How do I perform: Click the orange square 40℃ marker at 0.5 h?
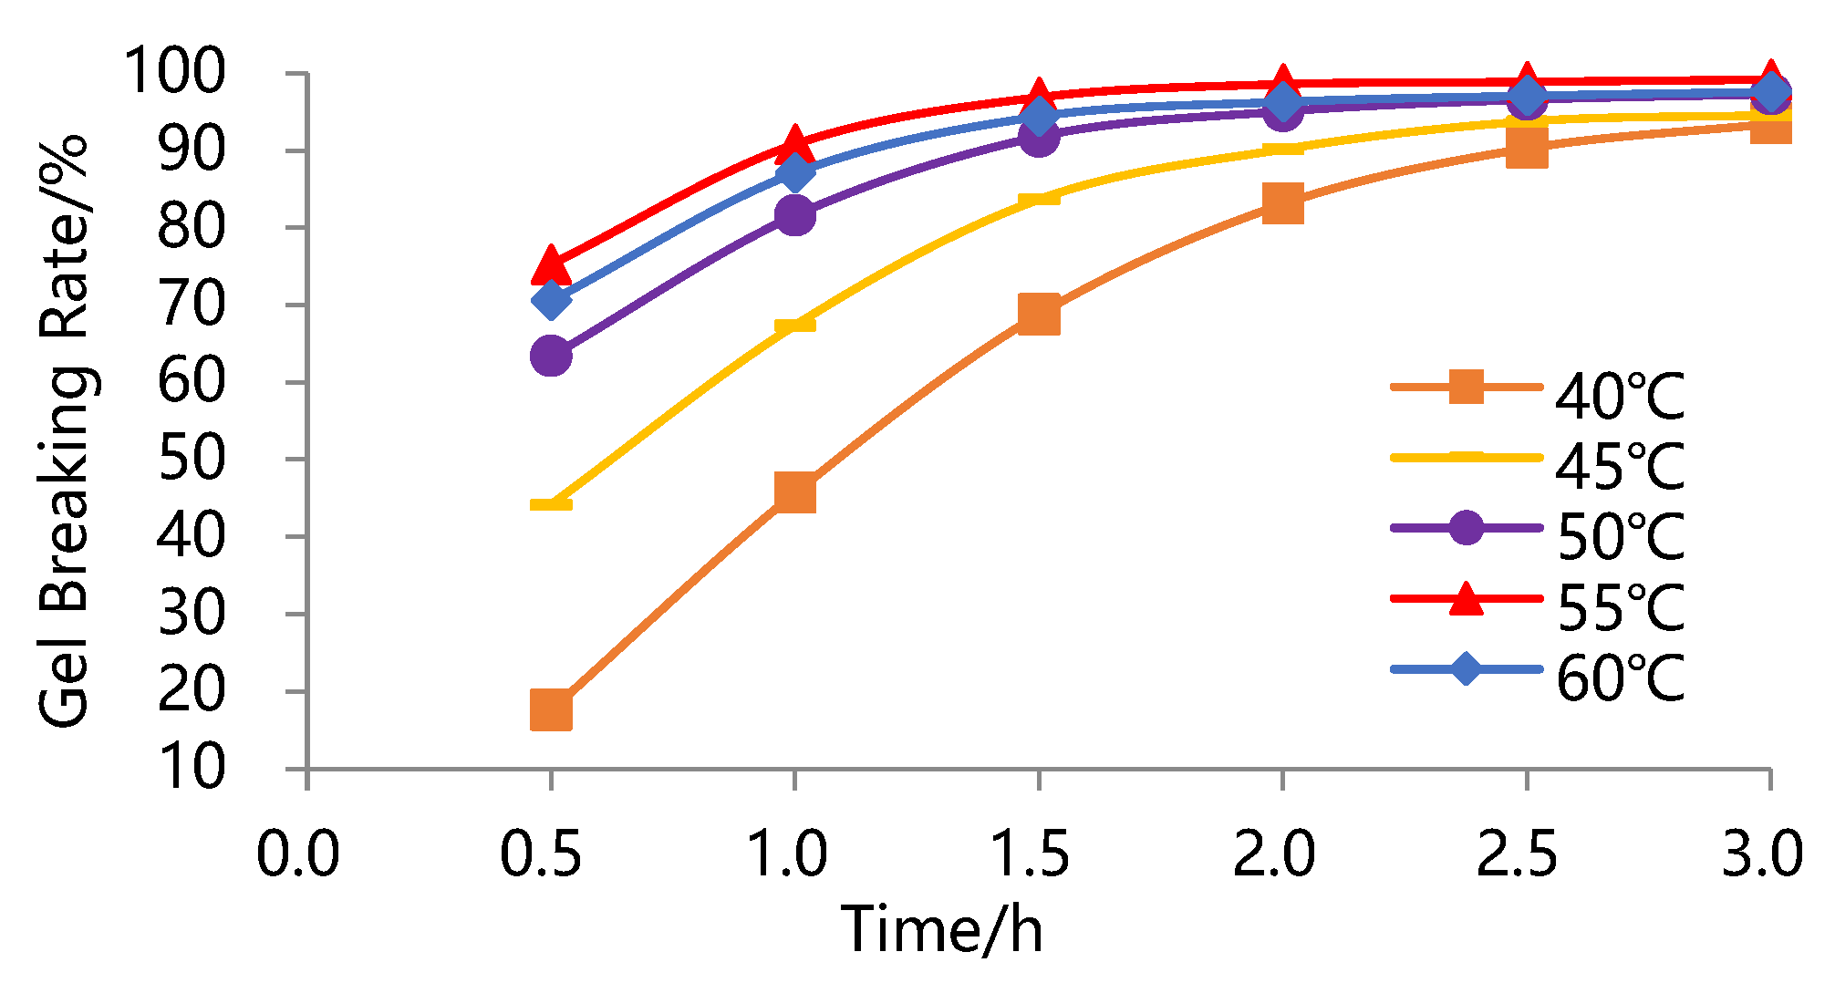pyautogui.click(x=551, y=709)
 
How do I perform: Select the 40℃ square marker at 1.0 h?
pyautogui.click(x=794, y=492)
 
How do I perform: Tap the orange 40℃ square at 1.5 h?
pyautogui.click(x=1038, y=315)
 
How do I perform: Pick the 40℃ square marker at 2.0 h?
pyautogui.click(x=1282, y=202)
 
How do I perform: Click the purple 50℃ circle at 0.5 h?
pyautogui.click(x=551, y=355)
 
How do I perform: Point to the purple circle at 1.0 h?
pyautogui.click(x=794, y=215)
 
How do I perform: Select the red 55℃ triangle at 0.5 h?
pyautogui.click(x=551, y=264)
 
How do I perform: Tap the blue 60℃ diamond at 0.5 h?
pyautogui.click(x=551, y=299)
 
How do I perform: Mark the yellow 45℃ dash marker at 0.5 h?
pyautogui.click(x=551, y=504)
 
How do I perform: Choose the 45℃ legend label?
pyautogui.click(x=1620, y=466)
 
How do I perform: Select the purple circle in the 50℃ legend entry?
pyautogui.click(x=1466, y=527)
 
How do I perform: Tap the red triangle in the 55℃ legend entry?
pyautogui.click(x=1466, y=597)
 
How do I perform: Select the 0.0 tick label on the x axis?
pyautogui.click(x=297, y=854)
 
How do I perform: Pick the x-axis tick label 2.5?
pyautogui.click(x=1518, y=854)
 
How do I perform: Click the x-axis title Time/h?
pyautogui.click(x=942, y=930)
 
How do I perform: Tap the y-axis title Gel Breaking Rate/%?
pyautogui.click(x=64, y=430)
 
